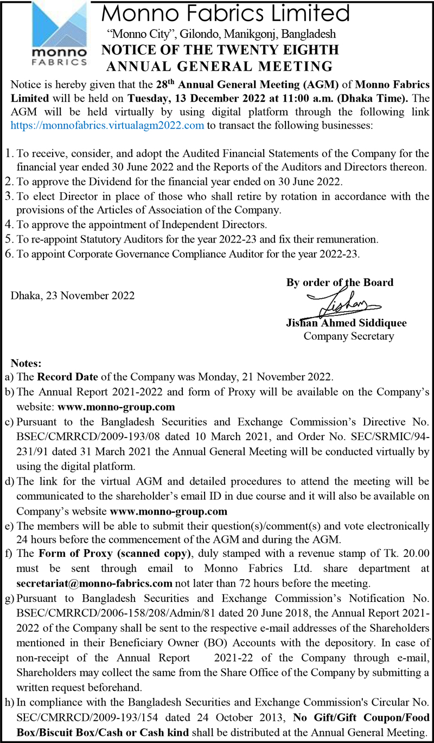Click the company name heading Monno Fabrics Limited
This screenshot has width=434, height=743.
(x=226, y=13)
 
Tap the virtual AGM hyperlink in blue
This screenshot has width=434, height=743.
(x=107, y=125)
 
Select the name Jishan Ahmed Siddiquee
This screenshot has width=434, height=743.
(x=346, y=323)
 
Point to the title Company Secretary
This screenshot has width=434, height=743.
(x=349, y=336)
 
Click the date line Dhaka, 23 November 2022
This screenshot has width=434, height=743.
(x=73, y=296)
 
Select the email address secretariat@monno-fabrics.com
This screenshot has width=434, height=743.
(x=94, y=583)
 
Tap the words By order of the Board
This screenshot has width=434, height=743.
(x=340, y=282)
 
